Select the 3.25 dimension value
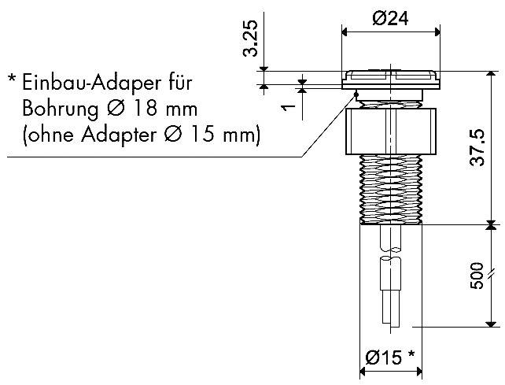click(x=250, y=39)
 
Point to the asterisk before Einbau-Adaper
click(x=13, y=80)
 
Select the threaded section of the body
click(x=390, y=189)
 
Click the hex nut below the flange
click(x=390, y=130)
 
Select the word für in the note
click(x=179, y=83)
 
